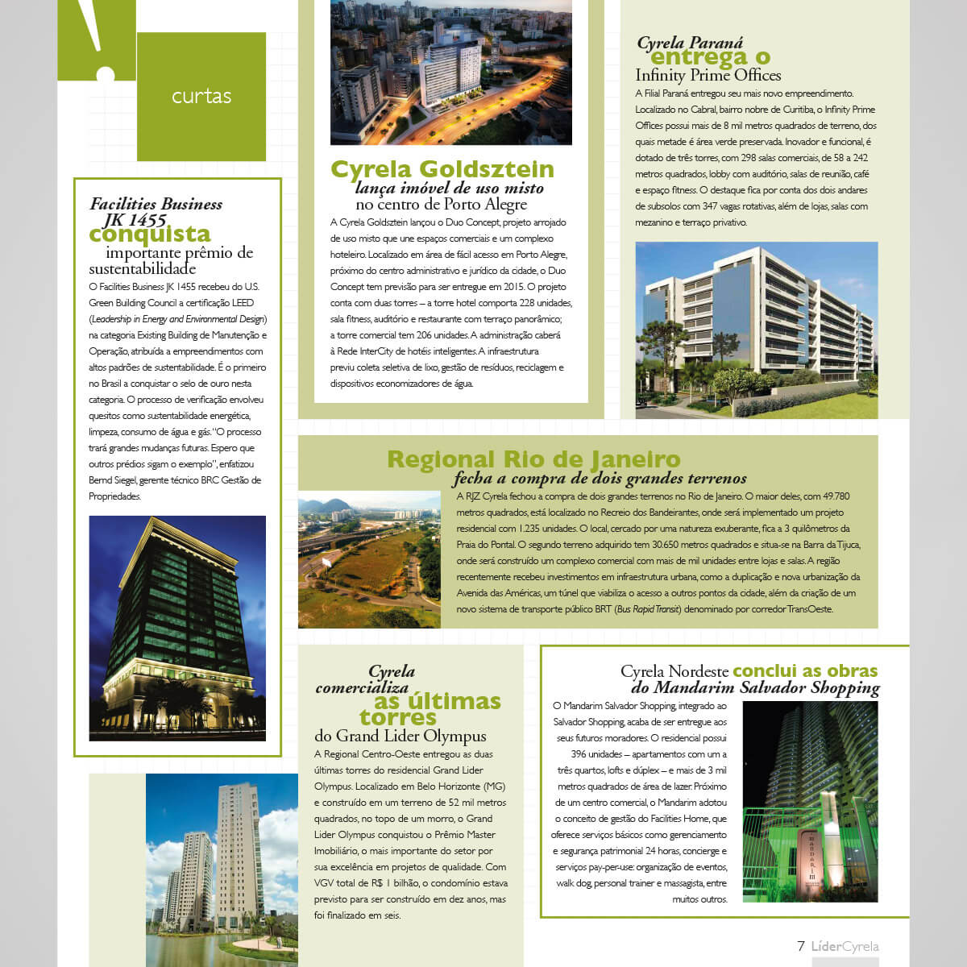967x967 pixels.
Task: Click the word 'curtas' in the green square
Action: click(201, 97)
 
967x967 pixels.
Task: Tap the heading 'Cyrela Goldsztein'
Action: click(442, 169)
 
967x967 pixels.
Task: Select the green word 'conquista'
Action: click(150, 234)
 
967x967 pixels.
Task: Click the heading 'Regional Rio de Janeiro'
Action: click(533, 459)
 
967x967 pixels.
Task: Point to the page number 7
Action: click(800, 946)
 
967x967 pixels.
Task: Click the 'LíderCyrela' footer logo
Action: click(845, 946)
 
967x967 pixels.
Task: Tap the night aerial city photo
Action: click(451, 73)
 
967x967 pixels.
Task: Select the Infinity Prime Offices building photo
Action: click(756, 330)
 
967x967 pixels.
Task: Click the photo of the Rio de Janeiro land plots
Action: click(369, 559)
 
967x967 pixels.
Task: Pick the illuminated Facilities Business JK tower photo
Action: click(177, 628)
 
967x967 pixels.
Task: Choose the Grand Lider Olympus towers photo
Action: click(222, 870)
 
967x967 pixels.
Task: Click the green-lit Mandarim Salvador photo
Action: click(809, 801)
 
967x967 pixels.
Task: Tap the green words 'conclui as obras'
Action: click(805, 670)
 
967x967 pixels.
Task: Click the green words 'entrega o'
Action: click(710, 57)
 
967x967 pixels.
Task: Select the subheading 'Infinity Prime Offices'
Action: click(708, 76)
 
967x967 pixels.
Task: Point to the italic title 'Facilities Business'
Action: click(156, 204)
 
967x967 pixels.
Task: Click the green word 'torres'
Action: click(397, 717)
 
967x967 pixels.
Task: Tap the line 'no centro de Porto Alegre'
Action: click(441, 205)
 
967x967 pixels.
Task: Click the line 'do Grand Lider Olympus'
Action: click(400, 736)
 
